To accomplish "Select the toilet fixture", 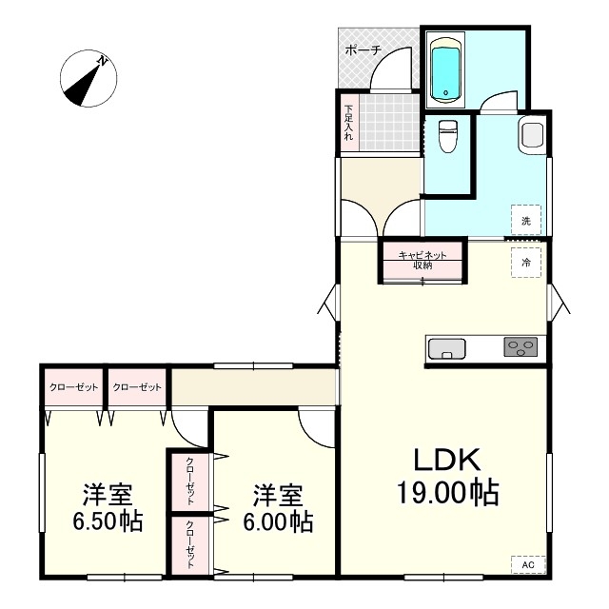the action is pos(448,135).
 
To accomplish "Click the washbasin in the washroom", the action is pos(532,134).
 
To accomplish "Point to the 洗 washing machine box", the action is pos(526,220).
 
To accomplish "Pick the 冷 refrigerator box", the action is pos(526,263).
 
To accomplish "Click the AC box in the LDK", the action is pos(528,564).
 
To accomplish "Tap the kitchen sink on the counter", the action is pos(446,349).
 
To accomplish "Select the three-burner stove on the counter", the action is pos(521,346).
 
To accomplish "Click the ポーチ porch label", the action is pos(363,50).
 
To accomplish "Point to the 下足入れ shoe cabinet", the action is pos(349,123).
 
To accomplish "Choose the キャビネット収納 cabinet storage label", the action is pos(422,260).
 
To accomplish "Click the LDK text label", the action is pos(446,460).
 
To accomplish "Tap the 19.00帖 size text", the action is pos(447,492).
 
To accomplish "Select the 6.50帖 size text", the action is pos(108,521).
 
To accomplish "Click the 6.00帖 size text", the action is pos(278,521).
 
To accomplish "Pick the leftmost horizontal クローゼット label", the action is pos(74,387).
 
